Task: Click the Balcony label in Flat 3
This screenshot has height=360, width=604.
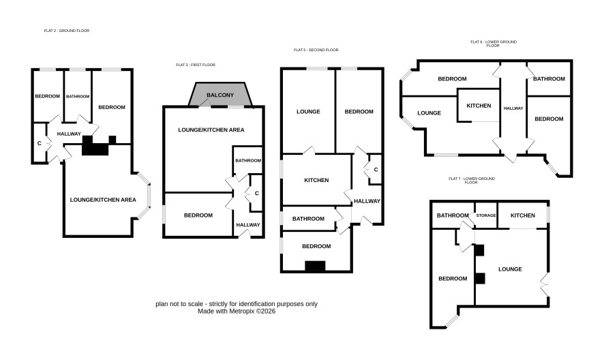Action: (220, 95)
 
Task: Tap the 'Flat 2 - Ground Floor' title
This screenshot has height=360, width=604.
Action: (67, 31)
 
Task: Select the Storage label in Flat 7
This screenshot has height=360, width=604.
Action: (486, 215)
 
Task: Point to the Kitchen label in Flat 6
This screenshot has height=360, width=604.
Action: (479, 106)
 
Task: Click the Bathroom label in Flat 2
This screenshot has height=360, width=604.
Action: (78, 96)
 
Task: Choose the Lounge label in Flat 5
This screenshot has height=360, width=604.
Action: (308, 112)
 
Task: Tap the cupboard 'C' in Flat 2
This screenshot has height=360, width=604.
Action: (40, 143)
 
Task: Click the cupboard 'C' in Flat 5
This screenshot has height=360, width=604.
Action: (376, 170)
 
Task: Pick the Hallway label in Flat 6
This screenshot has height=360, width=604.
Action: (513, 108)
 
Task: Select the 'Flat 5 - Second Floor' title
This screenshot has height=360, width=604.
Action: (316, 50)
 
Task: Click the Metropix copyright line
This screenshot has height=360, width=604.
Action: (237, 311)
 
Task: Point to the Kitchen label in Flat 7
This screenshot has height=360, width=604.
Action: (523, 215)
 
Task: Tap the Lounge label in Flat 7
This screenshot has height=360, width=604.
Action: (510, 269)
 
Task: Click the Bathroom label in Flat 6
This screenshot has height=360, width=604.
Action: (549, 78)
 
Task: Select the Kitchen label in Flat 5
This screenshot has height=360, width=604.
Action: (316, 180)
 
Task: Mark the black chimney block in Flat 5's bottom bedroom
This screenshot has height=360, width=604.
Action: (315, 267)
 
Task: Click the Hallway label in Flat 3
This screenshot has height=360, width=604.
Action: (248, 225)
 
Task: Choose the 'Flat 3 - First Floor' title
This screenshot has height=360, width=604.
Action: (196, 65)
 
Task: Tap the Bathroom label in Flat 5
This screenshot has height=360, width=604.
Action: (308, 219)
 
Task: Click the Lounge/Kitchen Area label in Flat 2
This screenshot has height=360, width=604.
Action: (103, 200)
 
